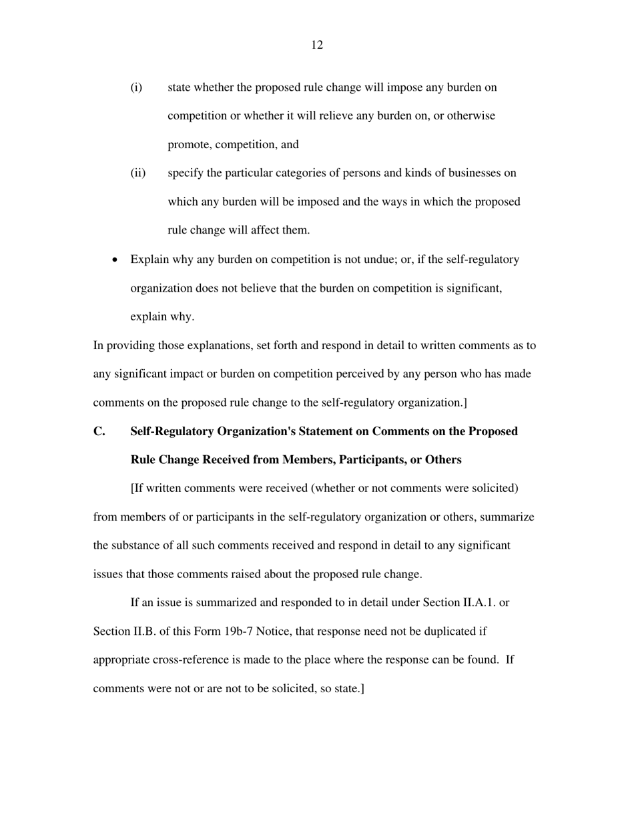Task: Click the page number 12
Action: tap(317, 45)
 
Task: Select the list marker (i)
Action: tap(136, 87)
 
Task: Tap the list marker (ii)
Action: tap(137, 173)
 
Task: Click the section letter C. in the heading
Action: tap(99, 431)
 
